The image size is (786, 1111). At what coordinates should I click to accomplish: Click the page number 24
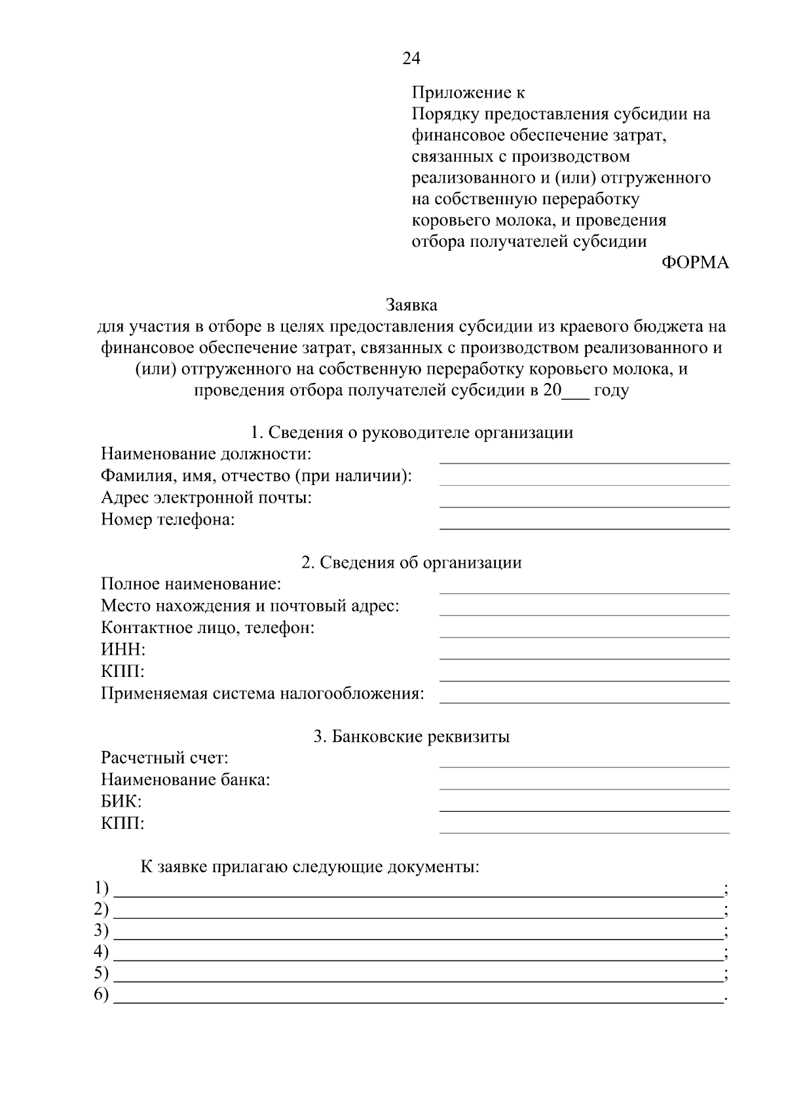coord(411,59)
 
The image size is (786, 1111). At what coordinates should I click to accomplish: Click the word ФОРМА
coord(695,263)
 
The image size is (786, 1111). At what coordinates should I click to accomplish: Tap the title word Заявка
coord(411,305)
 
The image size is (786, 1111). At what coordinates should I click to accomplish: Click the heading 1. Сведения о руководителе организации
coord(412,433)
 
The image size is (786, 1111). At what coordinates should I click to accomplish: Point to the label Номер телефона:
coord(168,520)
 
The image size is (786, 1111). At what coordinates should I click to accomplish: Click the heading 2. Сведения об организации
coord(411,562)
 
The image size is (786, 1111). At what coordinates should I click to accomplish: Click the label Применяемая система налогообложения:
coord(262,693)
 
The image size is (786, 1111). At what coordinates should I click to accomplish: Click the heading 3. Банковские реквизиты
coord(411,737)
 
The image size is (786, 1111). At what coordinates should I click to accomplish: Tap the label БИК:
coord(121,802)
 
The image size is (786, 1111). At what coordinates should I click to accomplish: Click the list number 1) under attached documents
coord(101,889)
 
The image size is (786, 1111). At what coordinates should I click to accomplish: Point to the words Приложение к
coord(468,93)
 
